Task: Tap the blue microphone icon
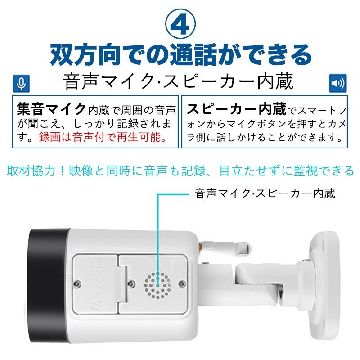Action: pyautogui.click(x=20, y=83)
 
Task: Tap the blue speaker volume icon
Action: pyautogui.click(x=337, y=83)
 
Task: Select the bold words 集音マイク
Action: pyautogui.click(x=51, y=109)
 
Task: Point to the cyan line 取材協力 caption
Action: pyautogui.click(x=180, y=171)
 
